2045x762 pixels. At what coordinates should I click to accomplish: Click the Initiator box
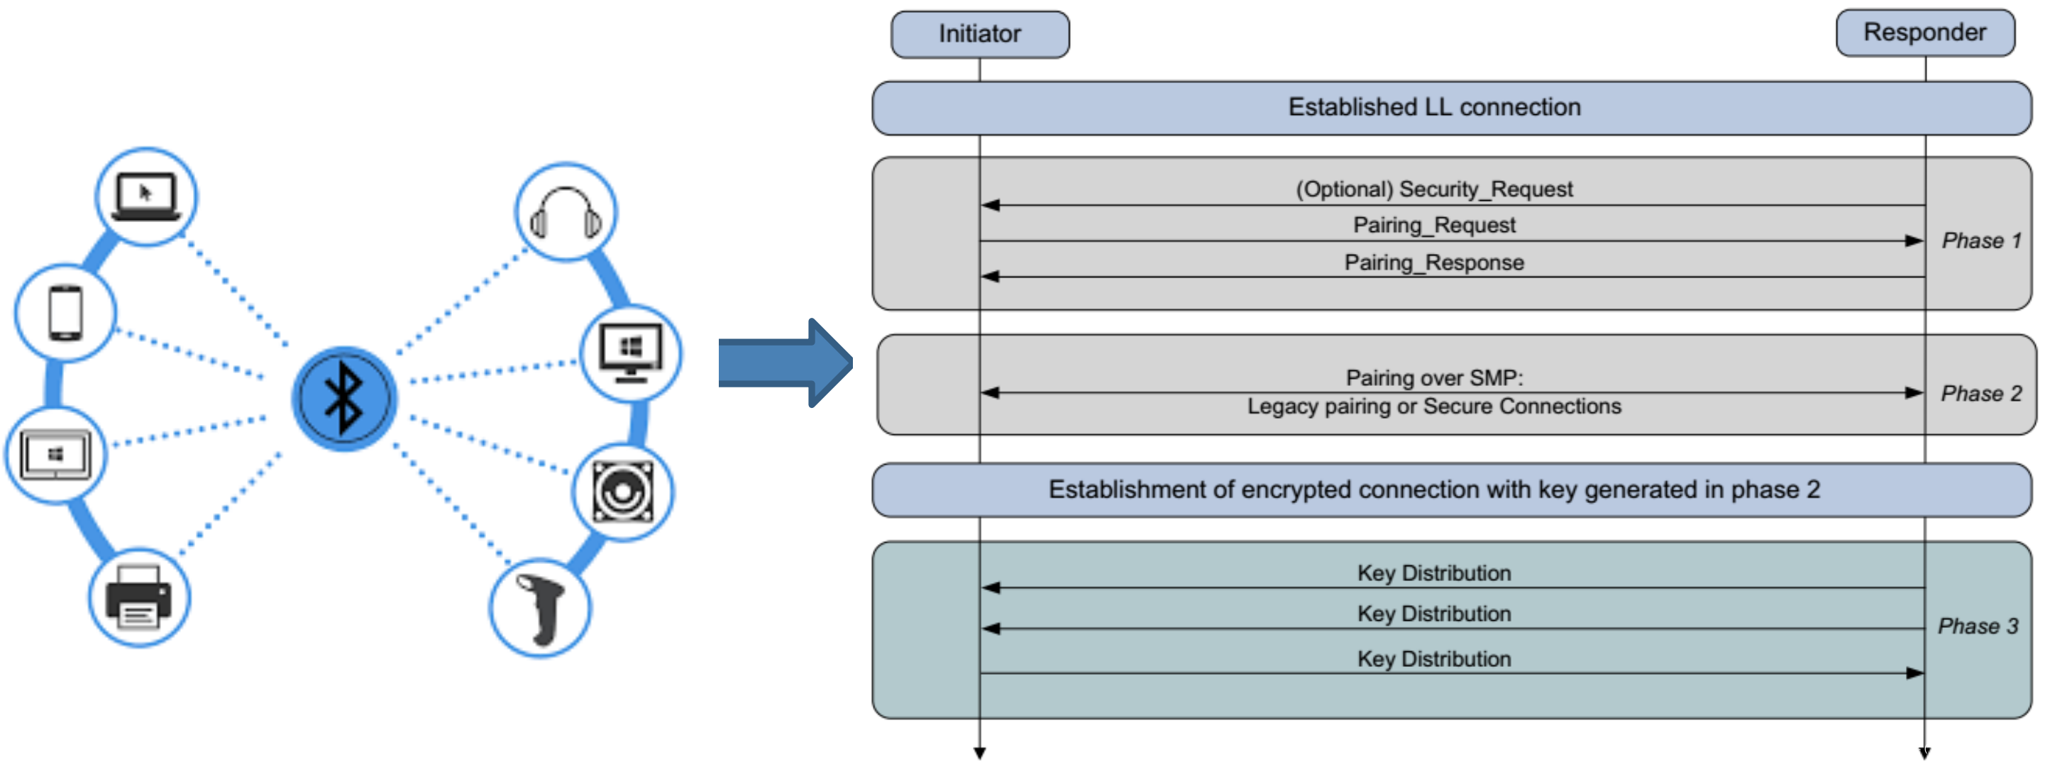click(980, 34)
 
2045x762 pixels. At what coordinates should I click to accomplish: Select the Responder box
click(1924, 33)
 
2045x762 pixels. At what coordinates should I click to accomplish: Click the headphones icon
click(566, 213)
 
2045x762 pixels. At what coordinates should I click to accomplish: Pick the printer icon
click(139, 597)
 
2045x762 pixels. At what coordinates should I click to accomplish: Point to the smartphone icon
click(66, 313)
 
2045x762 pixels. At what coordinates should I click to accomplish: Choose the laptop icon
click(146, 196)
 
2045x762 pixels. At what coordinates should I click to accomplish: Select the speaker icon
click(623, 492)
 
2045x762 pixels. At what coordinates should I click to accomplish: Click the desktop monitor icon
click(630, 353)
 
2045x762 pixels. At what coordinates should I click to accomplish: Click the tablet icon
click(55, 455)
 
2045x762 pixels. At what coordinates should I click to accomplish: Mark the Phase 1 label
click(1980, 241)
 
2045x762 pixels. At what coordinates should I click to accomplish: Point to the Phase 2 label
click(1980, 394)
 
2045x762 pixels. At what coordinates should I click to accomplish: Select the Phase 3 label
click(1978, 626)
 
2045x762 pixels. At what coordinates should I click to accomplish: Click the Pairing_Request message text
click(1434, 226)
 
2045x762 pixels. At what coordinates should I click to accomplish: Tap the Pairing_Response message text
click(1434, 263)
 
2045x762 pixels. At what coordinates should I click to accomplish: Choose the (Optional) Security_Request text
click(1434, 189)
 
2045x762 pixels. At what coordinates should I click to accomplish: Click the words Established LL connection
click(1434, 107)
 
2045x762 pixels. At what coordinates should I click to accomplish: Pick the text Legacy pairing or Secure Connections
click(1434, 407)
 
